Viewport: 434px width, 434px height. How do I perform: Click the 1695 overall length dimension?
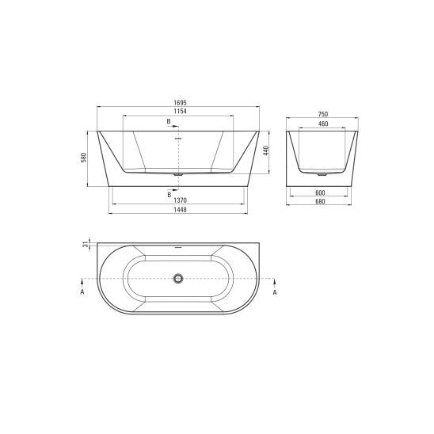[181, 103]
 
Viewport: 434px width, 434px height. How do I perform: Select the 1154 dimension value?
[181, 111]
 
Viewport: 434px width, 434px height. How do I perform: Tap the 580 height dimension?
[84, 158]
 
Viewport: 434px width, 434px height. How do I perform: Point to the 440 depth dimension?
[266, 150]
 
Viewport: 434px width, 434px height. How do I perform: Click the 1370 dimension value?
[181, 200]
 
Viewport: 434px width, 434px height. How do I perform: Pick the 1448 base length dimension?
[181, 210]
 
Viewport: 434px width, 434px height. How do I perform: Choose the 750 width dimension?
[323, 114]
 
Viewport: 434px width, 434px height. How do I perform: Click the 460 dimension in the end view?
[323, 124]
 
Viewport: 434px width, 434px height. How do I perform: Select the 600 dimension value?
[320, 192]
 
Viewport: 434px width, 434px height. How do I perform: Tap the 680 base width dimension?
[320, 201]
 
